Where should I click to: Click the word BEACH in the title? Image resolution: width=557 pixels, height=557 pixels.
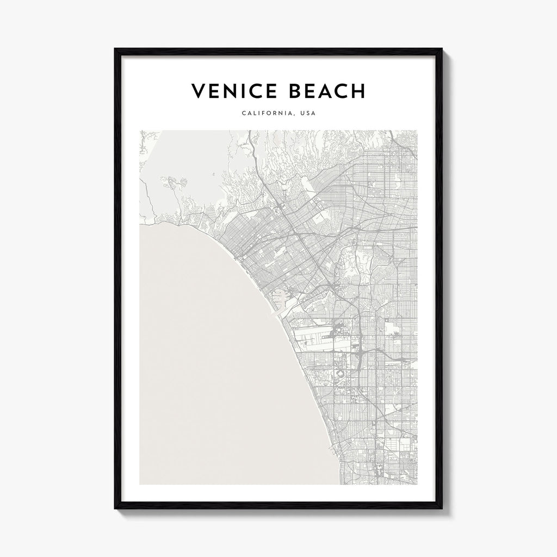(326, 91)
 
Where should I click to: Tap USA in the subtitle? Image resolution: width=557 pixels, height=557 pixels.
(307, 114)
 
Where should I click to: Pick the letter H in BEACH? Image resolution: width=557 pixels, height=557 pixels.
(358, 91)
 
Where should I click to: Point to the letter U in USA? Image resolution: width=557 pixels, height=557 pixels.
(301, 114)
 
